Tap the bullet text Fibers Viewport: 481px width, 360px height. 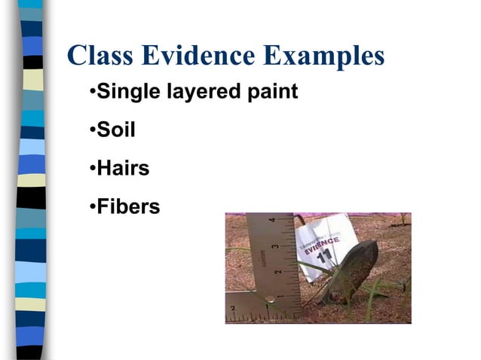pos(128,206)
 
